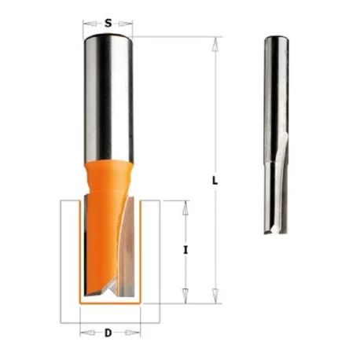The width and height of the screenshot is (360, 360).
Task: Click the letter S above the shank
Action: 108,24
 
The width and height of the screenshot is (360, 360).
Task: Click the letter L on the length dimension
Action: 215,181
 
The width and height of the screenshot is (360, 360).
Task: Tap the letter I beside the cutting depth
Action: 186,250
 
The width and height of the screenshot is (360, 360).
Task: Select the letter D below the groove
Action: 108,333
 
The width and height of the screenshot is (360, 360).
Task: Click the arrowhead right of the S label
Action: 125,24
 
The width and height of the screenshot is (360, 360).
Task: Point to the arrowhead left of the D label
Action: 87,333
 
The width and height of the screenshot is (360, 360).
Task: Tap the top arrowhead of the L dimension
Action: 215,45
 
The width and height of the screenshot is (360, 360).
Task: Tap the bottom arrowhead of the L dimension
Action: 215,296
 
